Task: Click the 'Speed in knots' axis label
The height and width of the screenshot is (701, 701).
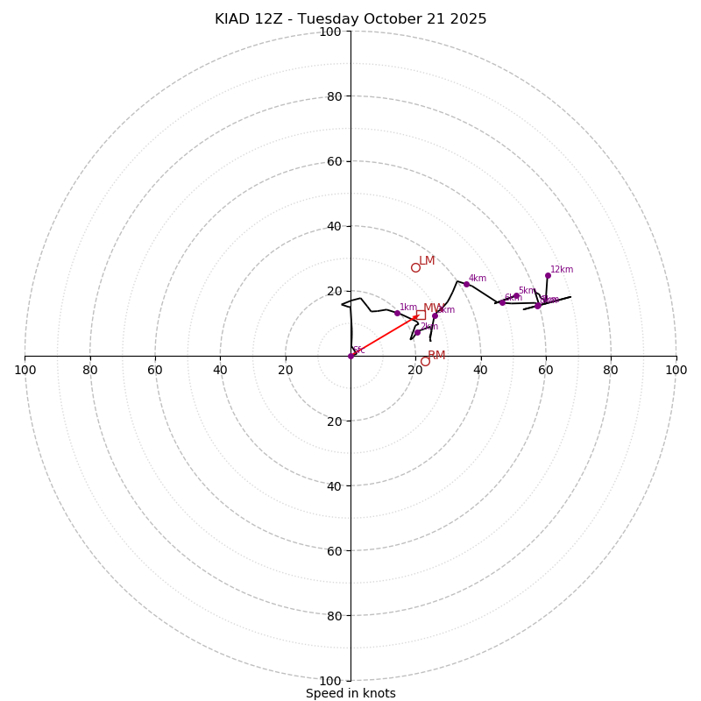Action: [350, 693]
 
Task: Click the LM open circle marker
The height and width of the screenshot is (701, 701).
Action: [415, 267]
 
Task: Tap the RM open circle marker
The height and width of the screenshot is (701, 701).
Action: [425, 361]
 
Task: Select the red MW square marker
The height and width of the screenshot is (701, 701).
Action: [421, 315]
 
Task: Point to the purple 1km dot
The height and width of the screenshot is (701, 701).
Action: [397, 313]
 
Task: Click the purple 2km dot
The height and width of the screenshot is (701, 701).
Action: [417, 332]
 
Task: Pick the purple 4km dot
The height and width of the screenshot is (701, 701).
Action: [466, 284]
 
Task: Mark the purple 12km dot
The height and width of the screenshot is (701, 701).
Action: [548, 275]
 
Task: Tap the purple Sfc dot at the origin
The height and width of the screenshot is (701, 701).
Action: [350, 356]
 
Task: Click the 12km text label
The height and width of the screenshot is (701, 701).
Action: [562, 270]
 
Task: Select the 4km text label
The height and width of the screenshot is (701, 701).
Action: [478, 279]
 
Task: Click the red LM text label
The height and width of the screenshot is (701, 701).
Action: [427, 261]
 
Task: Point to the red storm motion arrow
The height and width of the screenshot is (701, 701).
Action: [384, 336]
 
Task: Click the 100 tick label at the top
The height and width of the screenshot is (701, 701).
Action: [330, 32]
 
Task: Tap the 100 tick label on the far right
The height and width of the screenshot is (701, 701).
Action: [676, 370]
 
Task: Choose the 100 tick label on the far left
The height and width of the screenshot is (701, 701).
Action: [25, 370]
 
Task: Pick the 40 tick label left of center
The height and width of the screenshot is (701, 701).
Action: [220, 370]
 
